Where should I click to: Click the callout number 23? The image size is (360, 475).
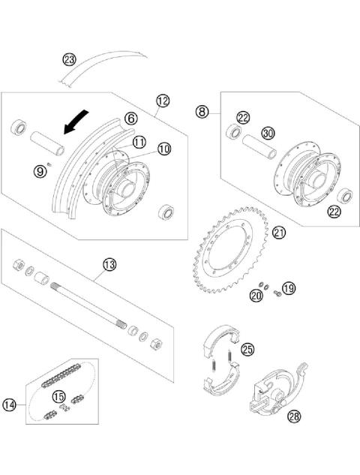pyautogui.click(x=70, y=59)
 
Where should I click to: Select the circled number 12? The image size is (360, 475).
pyautogui.click(x=163, y=101)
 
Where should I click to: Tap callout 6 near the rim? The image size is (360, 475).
pyautogui.click(x=131, y=119)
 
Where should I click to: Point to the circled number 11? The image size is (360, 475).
pyautogui.click(x=139, y=142)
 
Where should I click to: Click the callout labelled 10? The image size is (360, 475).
pyautogui.click(x=163, y=149)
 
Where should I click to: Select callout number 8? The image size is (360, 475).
pyautogui.click(x=201, y=112)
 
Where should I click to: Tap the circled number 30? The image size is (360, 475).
pyautogui.click(x=268, y=134)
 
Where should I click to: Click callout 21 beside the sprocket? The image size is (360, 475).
pyautogui.click(x=279, y=232)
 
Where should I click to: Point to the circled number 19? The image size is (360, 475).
pyautogui.click(x=289, y=287)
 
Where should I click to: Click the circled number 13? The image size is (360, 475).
pyautogui.click(x=109, y=264)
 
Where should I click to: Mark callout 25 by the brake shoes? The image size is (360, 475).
pyautogui.click(x=247, y=349)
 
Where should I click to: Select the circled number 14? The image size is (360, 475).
pyautogui.click(x=10, y=406)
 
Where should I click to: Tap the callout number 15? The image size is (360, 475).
pyautogui.click(x=58, y=395)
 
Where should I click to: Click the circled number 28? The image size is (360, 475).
pyautogui.click(x=294, y=417)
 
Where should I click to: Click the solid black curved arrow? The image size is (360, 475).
pyautogui.click(x=77, y=122)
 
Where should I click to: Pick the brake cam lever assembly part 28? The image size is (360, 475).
pyautogui.click(x=277, y=386)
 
